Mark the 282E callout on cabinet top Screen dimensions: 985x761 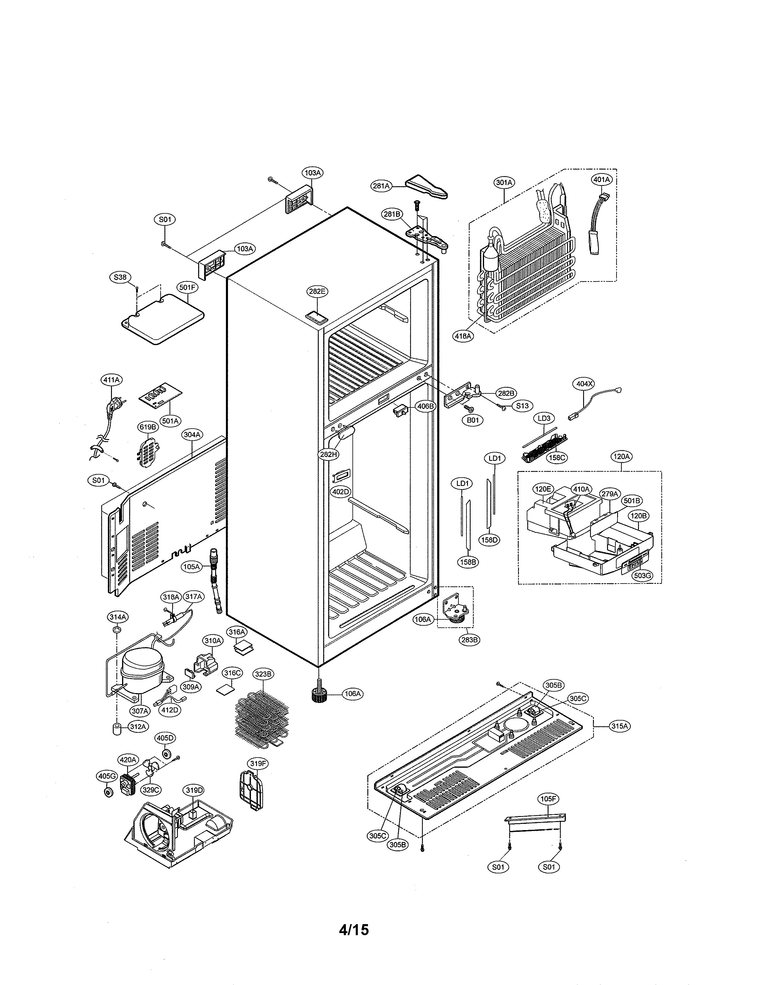(x=317, y=291)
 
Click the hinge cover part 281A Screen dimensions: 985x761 (x=426, y=187)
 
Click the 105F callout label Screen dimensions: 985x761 (x=549, y=799)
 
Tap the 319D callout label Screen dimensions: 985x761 (x=194, y=790)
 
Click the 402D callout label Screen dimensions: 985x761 (x=341, y=492)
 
